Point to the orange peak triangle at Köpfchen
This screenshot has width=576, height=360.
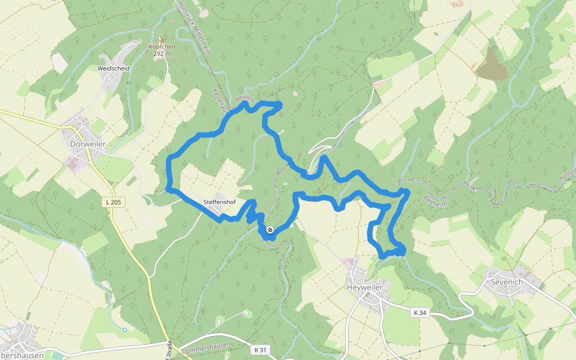[x=160, y=40]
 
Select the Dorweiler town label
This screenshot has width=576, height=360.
[x=88, y=145]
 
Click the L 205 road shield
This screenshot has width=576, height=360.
[x=113, y=202]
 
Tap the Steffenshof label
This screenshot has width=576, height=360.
[x=219, y=202]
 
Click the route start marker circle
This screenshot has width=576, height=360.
[x=270, y=229]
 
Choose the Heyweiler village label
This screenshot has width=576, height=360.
[x=365, y=288]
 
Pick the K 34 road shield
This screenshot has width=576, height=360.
[x=419, y=313]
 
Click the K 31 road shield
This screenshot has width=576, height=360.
[x=260, y=350]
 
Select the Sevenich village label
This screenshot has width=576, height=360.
[x=507, y=282]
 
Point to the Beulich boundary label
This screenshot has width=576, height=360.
[x=245, y=98]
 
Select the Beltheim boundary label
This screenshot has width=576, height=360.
[x=436, y=200]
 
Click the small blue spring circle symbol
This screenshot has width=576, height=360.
[x=124, y=329]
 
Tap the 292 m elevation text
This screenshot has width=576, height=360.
[x=162, y=54]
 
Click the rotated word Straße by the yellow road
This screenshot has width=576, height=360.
[x=169, y=349]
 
